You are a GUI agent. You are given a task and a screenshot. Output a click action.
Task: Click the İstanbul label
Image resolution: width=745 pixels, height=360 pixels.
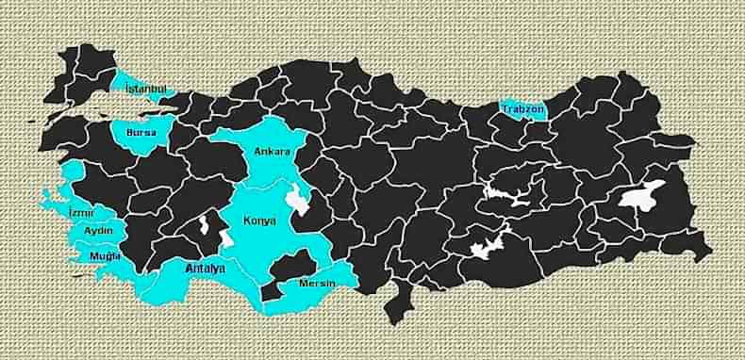click(146, 88)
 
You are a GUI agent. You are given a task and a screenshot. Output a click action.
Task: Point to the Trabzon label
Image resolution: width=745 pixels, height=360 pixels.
click(523, 109)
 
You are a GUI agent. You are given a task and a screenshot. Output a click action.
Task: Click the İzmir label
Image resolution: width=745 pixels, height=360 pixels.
click(82, 213)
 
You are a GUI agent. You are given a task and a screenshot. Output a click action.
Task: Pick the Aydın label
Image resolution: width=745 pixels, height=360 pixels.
click(99, 231)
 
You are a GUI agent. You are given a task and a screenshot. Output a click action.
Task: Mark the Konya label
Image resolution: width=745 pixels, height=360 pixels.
click(260, 221)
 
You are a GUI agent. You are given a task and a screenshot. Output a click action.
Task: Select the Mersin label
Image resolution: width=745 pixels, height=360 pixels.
click(318, 282)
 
